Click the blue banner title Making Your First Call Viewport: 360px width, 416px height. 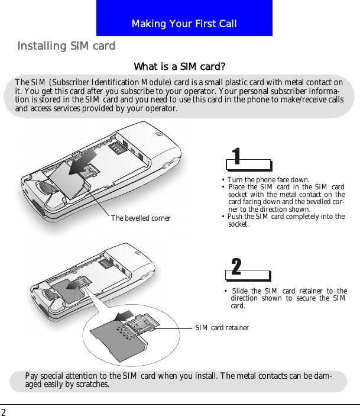184,24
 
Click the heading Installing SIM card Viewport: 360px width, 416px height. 66,46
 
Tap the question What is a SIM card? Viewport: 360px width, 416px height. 180,66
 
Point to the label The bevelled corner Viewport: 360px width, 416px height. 141,218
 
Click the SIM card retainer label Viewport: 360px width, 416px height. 222,327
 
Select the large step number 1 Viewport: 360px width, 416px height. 236,156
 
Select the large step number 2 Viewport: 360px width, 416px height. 236,267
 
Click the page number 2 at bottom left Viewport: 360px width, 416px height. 4,412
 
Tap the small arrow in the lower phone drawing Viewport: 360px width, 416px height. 74,285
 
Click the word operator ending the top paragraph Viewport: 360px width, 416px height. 160,109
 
